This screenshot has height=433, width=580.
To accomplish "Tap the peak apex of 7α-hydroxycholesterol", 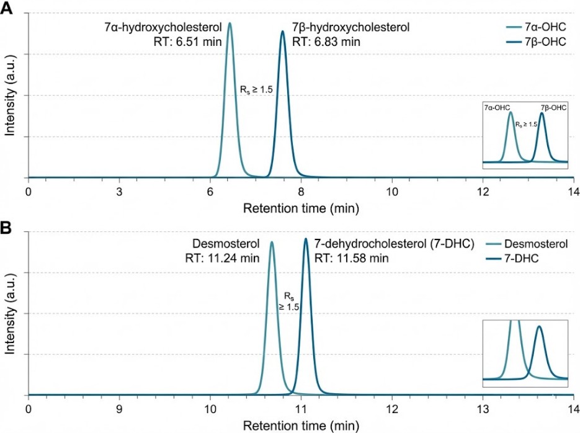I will tap(230, 24).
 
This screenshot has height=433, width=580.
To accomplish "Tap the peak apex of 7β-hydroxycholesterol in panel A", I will tap(283, 31).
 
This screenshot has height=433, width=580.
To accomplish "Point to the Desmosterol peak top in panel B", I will tap(271, 242).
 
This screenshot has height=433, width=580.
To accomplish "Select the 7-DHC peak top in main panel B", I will tap(305, 238).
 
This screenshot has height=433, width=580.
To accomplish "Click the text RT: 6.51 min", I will tap(189, 42).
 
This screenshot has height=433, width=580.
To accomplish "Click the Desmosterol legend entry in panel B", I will tap(535, 244).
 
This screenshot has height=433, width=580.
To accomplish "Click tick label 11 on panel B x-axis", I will tap(301, 409).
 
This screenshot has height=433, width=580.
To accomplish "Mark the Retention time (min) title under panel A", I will tap(300, 207).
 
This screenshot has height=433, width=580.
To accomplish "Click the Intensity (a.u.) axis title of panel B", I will tap(10, 313).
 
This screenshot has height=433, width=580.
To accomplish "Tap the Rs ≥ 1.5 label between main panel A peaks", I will tap(256, 89).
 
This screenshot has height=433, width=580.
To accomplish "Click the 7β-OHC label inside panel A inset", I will tap(553, 107).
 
